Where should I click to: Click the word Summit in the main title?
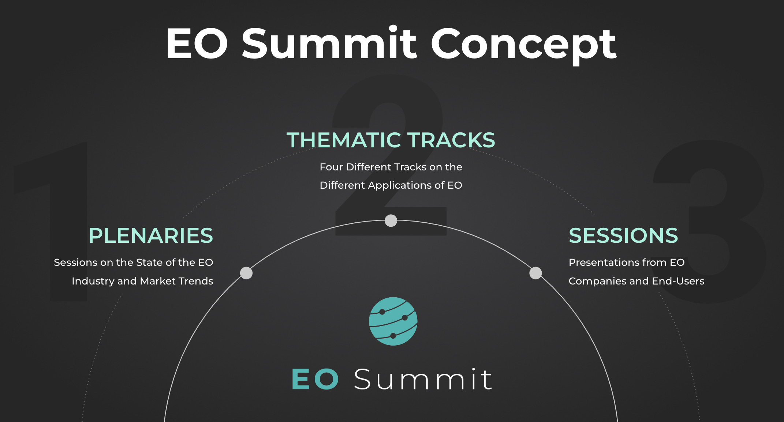329,42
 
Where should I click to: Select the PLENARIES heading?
151,236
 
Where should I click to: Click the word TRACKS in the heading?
452,140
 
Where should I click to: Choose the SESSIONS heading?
623,236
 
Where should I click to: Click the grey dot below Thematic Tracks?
391,221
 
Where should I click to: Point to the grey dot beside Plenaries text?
246,273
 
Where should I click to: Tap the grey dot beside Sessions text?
535,273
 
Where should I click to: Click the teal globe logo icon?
393,321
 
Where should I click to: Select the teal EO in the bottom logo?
315,379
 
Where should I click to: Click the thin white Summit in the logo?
423,379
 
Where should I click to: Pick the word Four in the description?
331,167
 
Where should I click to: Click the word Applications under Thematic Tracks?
400,186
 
